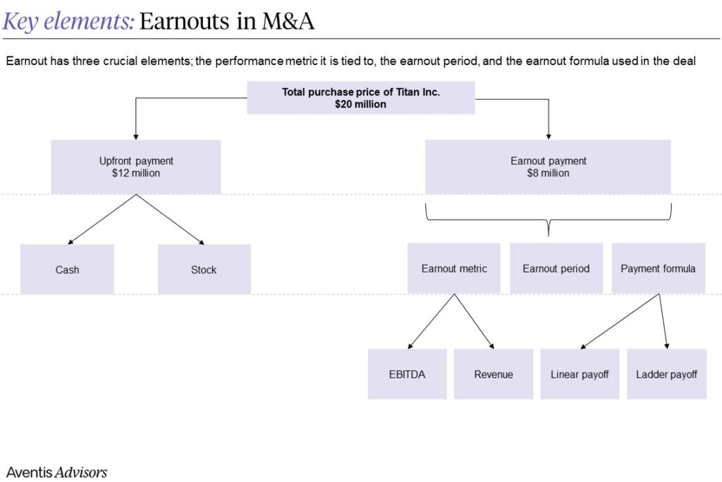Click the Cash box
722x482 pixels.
(67, 270)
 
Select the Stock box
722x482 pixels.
(204, 270)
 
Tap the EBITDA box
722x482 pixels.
(407, 374)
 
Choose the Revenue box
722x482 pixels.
(494, 374)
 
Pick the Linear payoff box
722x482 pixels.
(580, 374)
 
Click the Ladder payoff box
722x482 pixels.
(666, 374)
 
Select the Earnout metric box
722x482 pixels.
(454, 268)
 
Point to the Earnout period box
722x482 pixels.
(556, 268)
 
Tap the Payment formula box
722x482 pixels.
(658, 268)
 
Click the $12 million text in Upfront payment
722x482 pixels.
(136, 173)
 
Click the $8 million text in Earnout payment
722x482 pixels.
(548, 173)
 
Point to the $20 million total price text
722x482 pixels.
(360, 104)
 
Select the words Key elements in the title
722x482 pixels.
(68, 22)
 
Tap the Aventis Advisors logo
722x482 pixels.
(56, 472)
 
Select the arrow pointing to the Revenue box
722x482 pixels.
(474, 322)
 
